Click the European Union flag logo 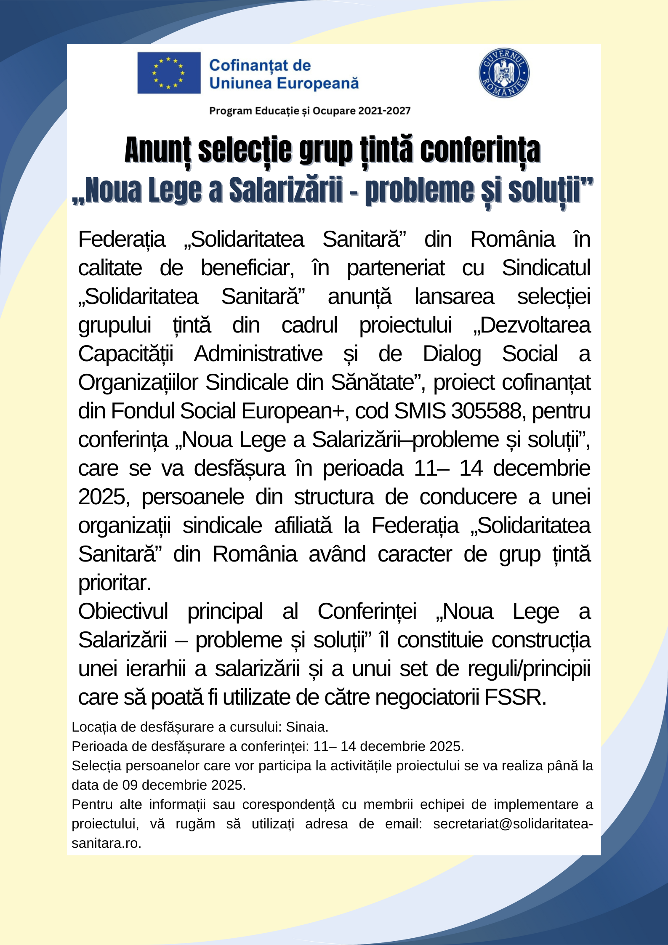169,73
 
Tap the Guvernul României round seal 504,73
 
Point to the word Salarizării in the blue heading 286,190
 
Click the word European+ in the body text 293,410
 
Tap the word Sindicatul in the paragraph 546,268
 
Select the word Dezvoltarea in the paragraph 535,325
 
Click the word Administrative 258,354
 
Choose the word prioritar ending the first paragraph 114,583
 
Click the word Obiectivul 123,611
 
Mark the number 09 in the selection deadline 130,785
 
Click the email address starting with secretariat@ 512,824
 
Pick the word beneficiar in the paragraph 247,268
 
